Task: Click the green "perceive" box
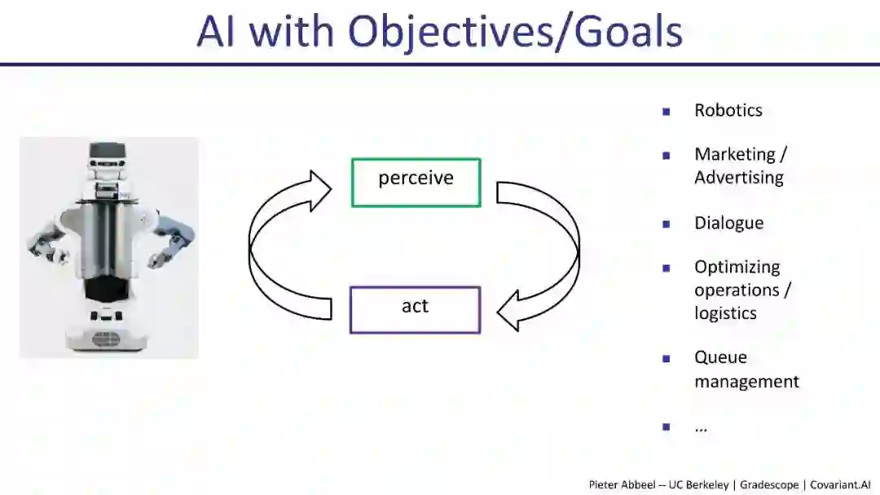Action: [416, 182]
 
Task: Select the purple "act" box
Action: [415, 309]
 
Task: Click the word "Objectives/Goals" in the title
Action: [515, 32]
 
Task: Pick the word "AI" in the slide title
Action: [218, 32]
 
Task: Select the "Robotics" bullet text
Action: [728, 111]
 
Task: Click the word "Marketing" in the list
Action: [734, 155]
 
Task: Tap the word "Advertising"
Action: [738, 177]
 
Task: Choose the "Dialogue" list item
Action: [728, 223]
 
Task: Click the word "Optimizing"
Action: [737, 267]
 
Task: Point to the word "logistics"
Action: [725, 313]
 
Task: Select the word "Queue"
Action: [720, 357]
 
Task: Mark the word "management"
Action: [746, 381]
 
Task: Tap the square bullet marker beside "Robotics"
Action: [667, 111]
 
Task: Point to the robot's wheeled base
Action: [108, 330]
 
